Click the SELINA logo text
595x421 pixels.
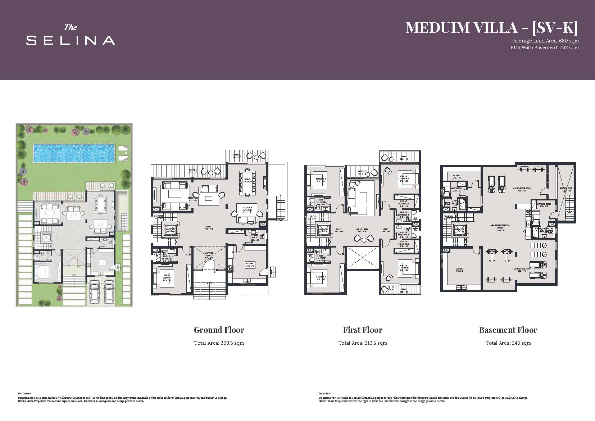pyautogui.click(x=71, y=40)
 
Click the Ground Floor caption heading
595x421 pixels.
pyautogui.click(x=219, y=330)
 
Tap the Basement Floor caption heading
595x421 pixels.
pyautogui.click(x=508, y=330)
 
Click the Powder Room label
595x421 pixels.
pyautogui.click(x=255, y=236)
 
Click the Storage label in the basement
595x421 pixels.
pyautogui.click(x=457, y=176)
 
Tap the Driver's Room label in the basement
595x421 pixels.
pyautogui.click(x=544, y=204)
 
